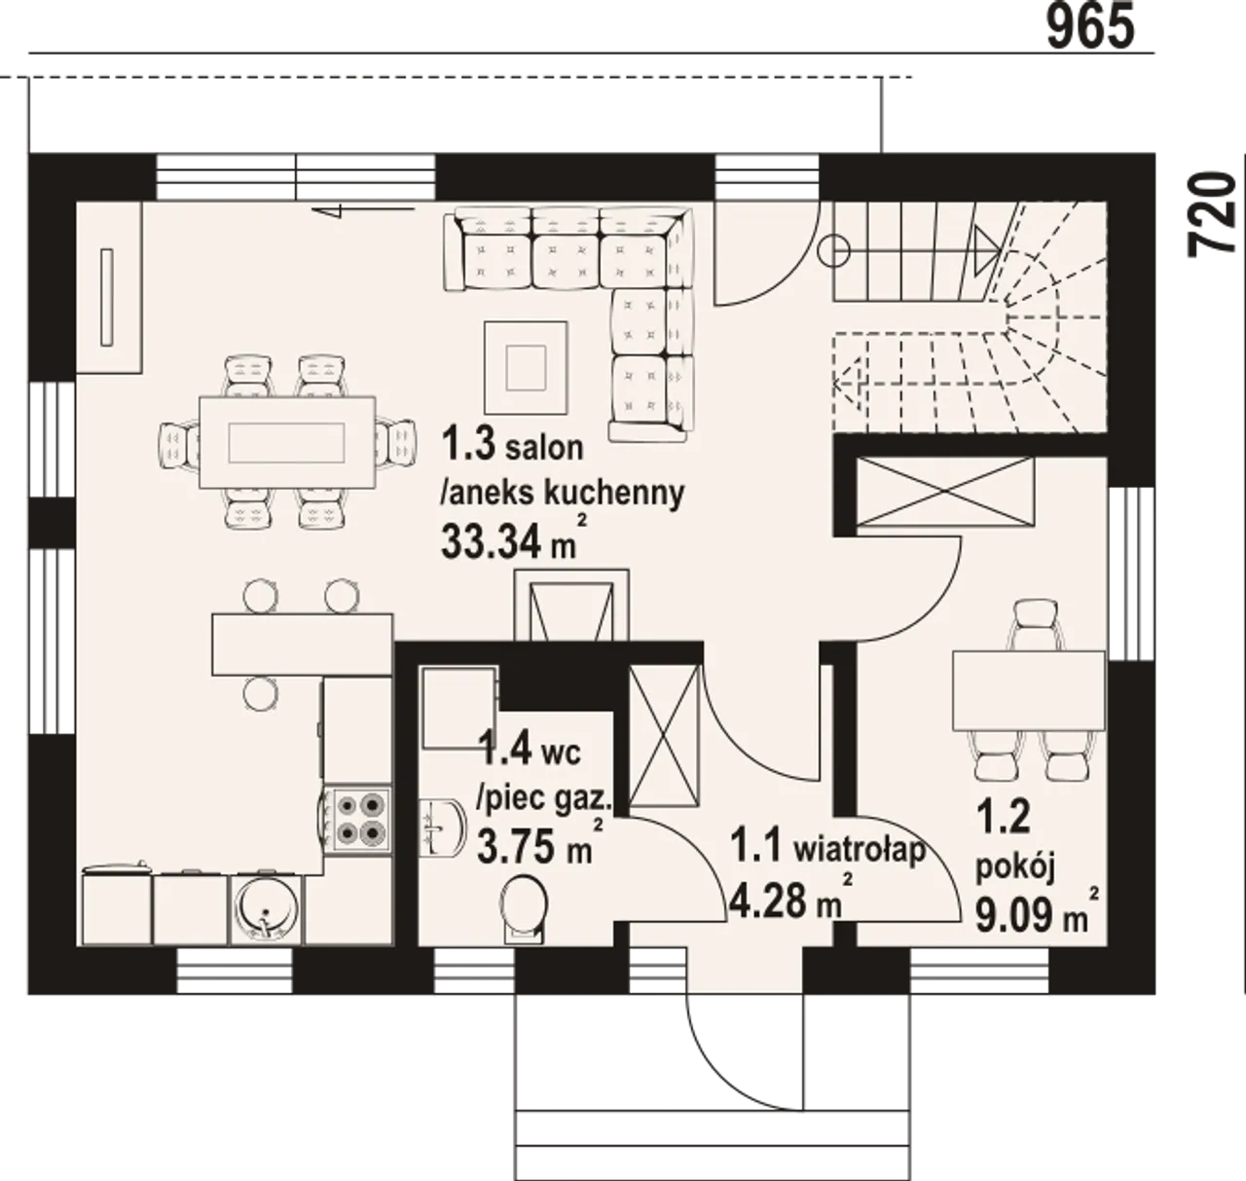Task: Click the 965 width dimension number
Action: [1090, 27]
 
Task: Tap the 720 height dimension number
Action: [1212, 214]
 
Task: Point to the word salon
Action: [544, 448]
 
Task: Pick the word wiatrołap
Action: [860, 851]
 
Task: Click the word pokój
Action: [1015, 869]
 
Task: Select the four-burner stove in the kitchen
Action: [358, 821]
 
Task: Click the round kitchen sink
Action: [266, 909]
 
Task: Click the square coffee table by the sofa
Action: [526, 367]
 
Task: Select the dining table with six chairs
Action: [287, 442]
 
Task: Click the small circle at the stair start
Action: [834, 251]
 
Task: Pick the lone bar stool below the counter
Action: [261, 692]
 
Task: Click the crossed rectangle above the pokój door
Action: [945, 492]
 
